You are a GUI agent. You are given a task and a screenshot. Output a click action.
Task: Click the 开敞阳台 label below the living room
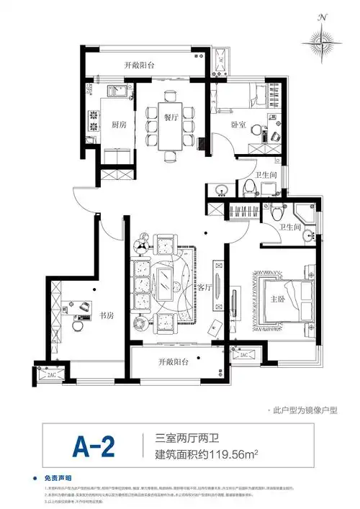[x=175, y=362]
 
